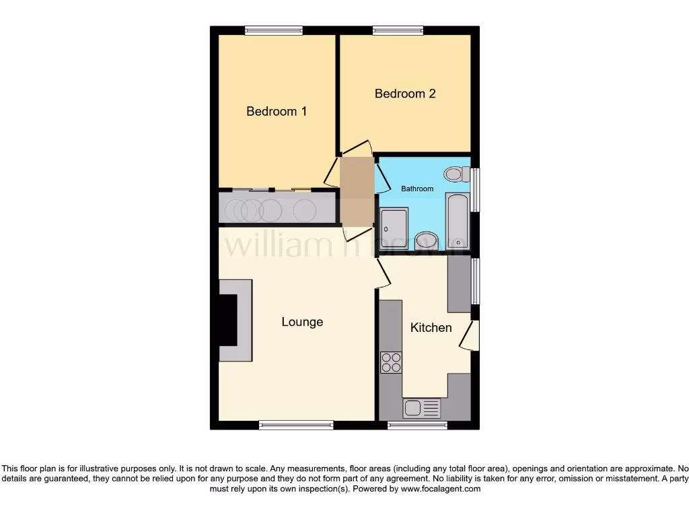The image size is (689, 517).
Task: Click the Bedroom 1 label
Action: tap(277, 111)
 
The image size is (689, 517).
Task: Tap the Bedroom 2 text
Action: tap(405, 94)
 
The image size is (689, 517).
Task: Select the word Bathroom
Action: tap(417, 188)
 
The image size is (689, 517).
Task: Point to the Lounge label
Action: tap(302, 322)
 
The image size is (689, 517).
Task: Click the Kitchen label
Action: tap(431, 328)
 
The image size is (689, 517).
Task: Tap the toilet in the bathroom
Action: tap(458, 174)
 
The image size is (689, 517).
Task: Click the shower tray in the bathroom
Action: tap(393, 229)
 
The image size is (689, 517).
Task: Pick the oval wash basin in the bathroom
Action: tap(426, 240)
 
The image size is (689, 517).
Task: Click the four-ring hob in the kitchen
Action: tap(391, 363)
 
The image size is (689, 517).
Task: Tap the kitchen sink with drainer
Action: tap(421, 408)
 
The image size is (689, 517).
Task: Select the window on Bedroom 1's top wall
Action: tap(273, 30)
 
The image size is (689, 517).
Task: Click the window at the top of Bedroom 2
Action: tap(398, 30)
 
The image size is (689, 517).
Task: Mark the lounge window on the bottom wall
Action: tap(296, 425)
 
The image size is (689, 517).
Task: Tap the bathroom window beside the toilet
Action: tap(475, 189)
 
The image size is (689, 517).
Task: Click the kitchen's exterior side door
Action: tap(470, 335)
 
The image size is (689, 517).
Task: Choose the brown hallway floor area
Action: tap(357, 192)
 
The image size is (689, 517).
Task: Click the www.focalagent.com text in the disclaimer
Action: tap(440, 489)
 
